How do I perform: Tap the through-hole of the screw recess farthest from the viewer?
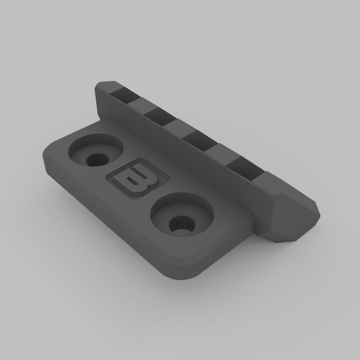pos(96,159)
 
